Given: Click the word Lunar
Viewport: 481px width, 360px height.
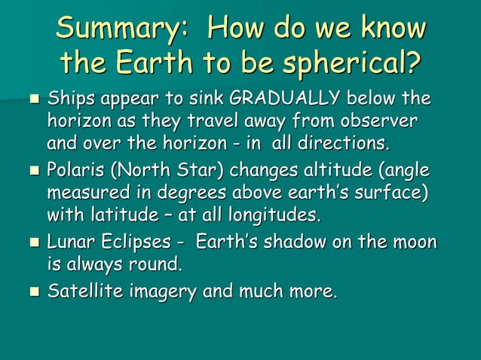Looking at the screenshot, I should coord(70,243).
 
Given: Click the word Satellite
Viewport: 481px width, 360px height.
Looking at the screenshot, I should coord(83,291).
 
